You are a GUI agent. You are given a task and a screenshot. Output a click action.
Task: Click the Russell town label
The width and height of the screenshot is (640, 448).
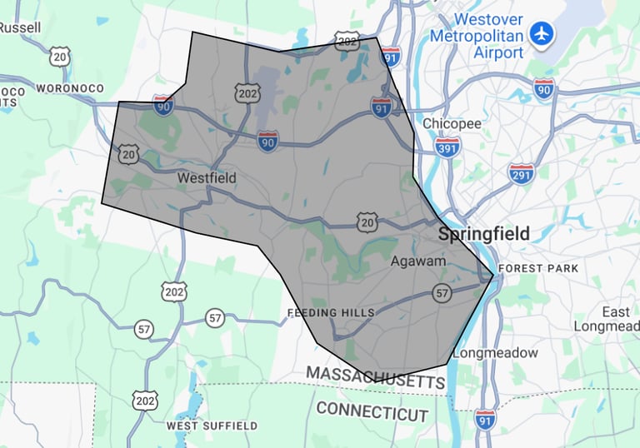(x=20, y=27)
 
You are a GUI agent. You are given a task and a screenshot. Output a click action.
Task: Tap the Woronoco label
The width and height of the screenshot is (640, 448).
(x=70, y=87)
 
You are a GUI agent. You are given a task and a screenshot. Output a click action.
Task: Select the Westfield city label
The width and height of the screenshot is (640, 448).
(x=207, y=177)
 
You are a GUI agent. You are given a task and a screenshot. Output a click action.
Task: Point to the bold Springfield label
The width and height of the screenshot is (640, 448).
(x=484, y=234)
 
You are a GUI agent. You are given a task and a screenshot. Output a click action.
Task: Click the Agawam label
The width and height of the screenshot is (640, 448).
(x=419, y=261)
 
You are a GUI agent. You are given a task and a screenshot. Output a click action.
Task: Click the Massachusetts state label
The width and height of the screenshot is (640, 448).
(x=375, y=377)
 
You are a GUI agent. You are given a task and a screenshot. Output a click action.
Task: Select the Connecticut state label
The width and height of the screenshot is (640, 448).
(x=372, y=411)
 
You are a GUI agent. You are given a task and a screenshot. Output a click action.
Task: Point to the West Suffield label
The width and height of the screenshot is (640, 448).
(x=212, y=426)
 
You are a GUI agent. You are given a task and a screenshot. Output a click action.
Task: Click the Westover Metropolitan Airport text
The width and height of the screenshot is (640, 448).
(x=477, y=35)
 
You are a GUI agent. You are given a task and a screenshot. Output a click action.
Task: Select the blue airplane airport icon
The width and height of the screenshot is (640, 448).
(x=542, y=34)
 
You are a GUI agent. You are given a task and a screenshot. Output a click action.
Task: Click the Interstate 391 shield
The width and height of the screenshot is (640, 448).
(x=447, y=147)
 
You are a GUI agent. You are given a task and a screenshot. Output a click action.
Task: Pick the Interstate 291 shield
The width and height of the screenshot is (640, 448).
(x=522, y=174)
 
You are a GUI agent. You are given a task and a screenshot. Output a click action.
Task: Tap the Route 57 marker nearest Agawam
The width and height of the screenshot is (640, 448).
(x=442, y=292)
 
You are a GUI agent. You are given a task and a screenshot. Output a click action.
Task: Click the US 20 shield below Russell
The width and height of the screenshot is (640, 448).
(x=59, y=57)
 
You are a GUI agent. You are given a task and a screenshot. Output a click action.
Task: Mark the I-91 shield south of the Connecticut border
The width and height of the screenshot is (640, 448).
(x=485, y=419)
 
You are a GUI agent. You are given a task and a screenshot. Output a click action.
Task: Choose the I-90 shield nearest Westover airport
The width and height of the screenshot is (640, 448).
(x=544, y=88)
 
